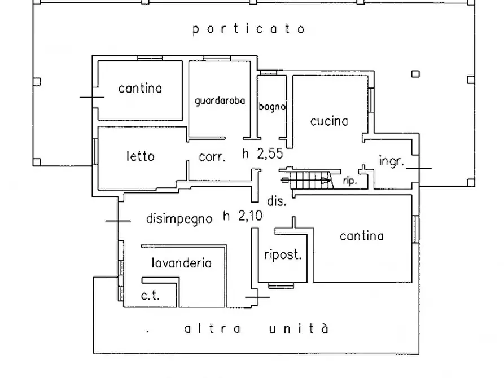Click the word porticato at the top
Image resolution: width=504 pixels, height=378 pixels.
coord(248,29)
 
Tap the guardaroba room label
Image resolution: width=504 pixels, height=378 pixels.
coord(220,102)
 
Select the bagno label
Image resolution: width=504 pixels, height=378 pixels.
coord(272,107)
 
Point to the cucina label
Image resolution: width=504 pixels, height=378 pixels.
coord(328,121)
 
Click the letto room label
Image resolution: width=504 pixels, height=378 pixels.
coord(140,156)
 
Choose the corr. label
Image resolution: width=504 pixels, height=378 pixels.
coord(212,158)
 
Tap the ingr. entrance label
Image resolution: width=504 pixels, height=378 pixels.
coord(391,161)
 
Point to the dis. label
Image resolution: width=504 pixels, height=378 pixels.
coord(277,200)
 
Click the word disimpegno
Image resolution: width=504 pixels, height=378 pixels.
coord(179,218)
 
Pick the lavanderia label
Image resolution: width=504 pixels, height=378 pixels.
coord(181,263)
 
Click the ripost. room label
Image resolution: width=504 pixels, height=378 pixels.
coord(283,254)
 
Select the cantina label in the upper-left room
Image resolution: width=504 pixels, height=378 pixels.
coord(140,89)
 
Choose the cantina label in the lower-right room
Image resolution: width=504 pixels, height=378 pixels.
coord(361,236)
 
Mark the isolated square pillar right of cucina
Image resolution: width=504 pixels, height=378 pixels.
coord(415,73)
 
